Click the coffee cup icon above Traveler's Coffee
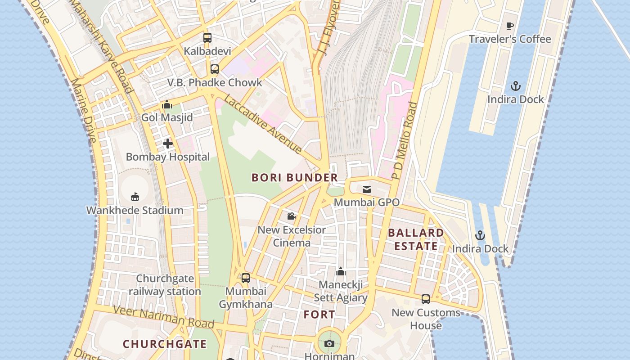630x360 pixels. point(510,26)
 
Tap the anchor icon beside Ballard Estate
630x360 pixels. point(480,235)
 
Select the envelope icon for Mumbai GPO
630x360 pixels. point(367,189)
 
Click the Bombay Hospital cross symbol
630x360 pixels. point(168,144)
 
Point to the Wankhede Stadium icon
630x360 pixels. point(135,197)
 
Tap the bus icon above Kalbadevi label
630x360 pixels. point(207,38)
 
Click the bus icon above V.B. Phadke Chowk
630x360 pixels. point(215,69)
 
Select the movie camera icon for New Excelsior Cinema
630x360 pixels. point(291,216)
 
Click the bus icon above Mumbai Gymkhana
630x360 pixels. point(245,278)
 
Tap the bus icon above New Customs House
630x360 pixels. point(425,299)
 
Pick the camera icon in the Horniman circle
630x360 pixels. point(329,344)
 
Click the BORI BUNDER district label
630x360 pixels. point(295,178)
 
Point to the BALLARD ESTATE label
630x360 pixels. point(415,239)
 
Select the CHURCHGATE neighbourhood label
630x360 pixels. point(165,344)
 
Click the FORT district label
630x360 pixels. point(319,315)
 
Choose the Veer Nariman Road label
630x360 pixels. point(163,317)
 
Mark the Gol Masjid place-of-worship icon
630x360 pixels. point(167,105)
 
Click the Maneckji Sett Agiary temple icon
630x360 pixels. point(341,271)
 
